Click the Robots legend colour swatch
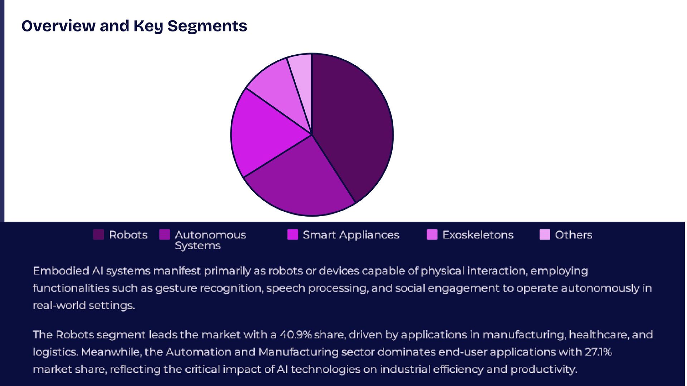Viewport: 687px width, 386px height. pyautogui.click(x=98, y=235)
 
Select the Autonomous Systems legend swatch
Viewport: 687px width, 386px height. pyautogui.click(x=165, y=235)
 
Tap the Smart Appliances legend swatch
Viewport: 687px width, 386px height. pyautogui.click(x=293, y=235)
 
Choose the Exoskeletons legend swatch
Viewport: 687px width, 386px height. pyautogui.click(x=432, y=235)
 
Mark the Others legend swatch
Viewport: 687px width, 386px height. pyautogui.click(x=545, y=235)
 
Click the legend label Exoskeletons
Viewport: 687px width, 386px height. pyautogui.click(x=478, y=235)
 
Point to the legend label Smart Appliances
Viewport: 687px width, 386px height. pyautogui.click(x=351, y=235)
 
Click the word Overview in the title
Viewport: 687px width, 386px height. pyautogui.click(x=58, y=26)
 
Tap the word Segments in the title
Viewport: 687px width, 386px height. pyautogui.click(x=207, y=26)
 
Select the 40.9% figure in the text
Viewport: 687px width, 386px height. pyautogui.click(x=295, y=335)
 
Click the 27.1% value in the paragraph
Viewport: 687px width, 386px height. pyautogui.click(x=598, y=352)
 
